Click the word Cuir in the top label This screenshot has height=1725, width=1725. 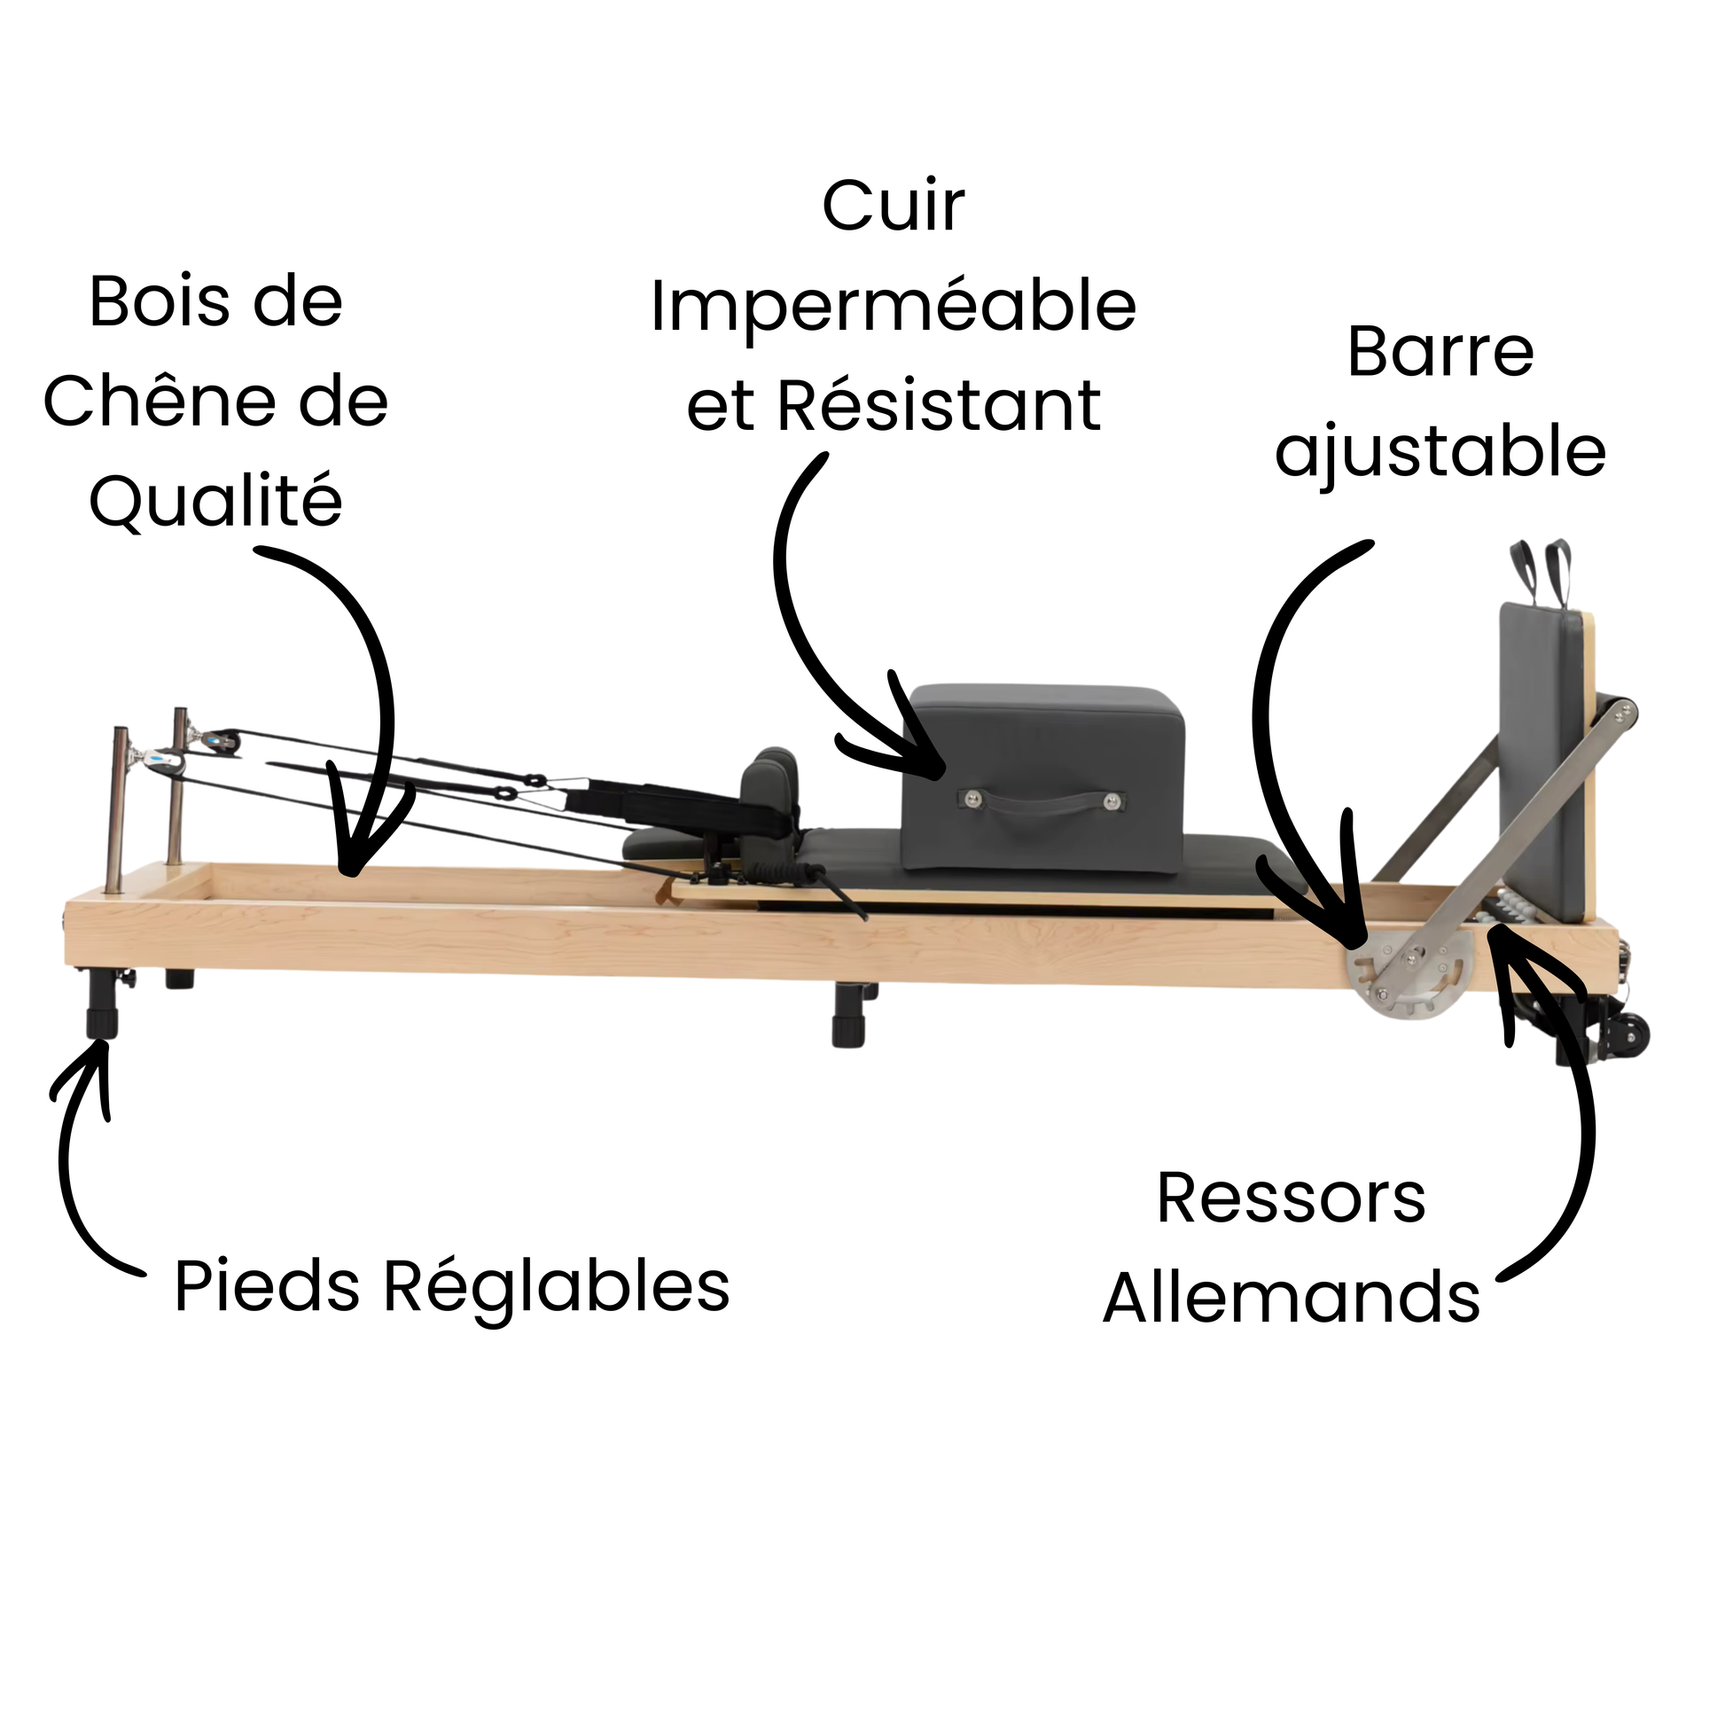[893, 207]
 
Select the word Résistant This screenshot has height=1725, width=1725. [940, 406]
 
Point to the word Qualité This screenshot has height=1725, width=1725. [216, 501]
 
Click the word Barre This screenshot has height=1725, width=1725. [1440, 353]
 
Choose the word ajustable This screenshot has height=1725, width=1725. [1440, 454]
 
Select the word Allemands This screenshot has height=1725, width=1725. [1291, 1298]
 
